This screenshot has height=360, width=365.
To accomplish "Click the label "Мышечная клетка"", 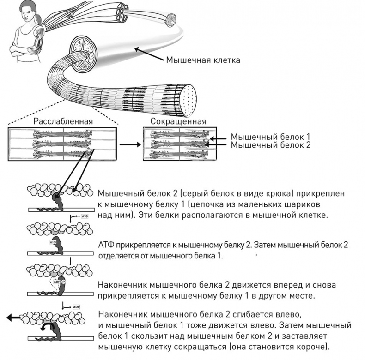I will (203, 60).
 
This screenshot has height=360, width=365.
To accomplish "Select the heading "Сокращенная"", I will (178, 121).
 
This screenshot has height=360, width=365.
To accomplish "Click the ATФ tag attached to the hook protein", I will (53, 241).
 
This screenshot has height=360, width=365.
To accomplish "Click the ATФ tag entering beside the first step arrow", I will (85, 216).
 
